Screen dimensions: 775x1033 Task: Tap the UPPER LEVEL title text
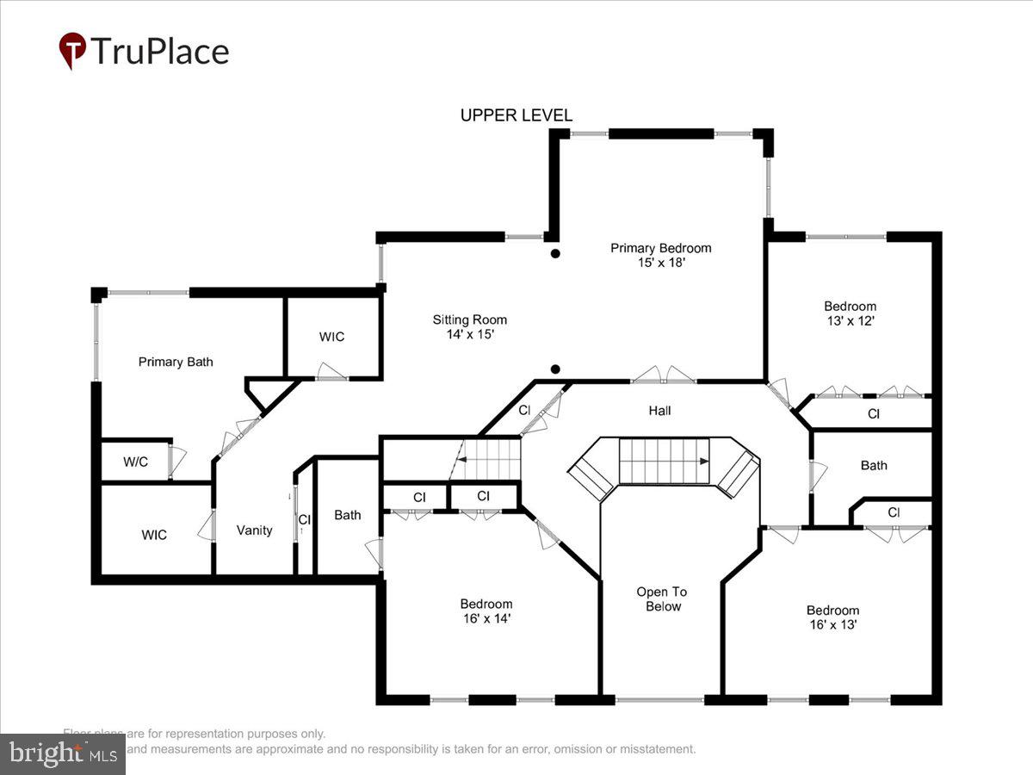[x=516, y=115]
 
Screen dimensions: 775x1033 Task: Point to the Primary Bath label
[x=176, y=362]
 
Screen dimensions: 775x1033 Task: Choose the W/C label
[x=135, y=462]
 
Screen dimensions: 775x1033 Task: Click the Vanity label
[x=255, y=530]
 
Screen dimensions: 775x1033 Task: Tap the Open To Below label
[x=662, y=599]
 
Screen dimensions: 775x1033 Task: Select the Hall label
[x=660, y=411]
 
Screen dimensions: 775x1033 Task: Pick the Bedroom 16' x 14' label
[x=486, y=611]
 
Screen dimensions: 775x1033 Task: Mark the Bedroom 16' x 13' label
[x=832, y=617]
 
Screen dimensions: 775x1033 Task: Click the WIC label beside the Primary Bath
[x=331, y=337]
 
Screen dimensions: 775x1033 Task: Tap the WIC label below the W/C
[x=154, y=535]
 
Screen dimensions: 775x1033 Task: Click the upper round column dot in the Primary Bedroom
[x=556, y=253]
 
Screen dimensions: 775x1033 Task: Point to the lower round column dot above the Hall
[x=556, y=369]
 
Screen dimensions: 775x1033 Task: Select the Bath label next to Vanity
[x=348, y=515]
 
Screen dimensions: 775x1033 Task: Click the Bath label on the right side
[x=874, y=465]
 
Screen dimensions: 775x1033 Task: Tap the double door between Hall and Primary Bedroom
[x=664, y=375]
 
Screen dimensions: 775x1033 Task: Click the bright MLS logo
[x=62, y=753]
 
